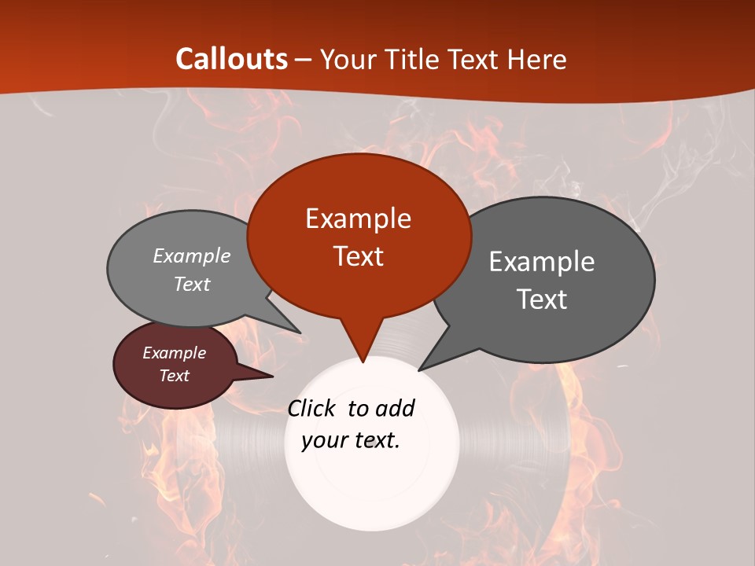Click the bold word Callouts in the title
pos(231,59)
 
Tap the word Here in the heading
pos(537,59)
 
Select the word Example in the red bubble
pos(358,219)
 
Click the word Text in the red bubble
pos(358,256)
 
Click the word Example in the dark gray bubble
pos(542,262)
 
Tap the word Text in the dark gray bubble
pos(542,300)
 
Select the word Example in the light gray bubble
pos(192,256)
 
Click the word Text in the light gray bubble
pos(192,285)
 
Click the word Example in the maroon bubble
pos(174,354)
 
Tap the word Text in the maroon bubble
pos(174,376)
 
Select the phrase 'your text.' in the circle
pos(351,440)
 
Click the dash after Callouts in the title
pos(304,59)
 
